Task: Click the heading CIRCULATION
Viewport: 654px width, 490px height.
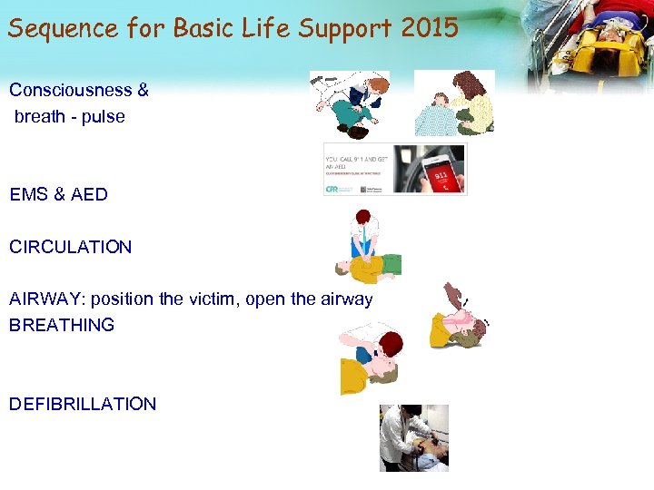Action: point(70,247)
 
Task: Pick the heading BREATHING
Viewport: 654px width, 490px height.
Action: point(62,325)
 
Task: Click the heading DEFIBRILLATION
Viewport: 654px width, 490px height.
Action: point(83,404)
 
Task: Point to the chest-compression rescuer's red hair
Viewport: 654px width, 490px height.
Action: point(364,219)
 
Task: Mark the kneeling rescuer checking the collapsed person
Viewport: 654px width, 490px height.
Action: point(359,104)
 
